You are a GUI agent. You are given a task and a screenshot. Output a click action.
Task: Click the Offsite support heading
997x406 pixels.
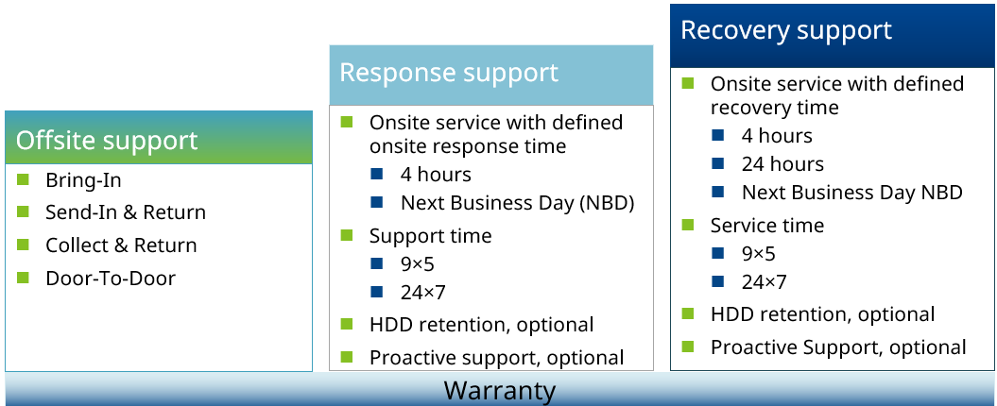tap(107, 141)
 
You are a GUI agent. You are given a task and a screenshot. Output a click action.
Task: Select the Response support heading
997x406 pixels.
tap(448, 73)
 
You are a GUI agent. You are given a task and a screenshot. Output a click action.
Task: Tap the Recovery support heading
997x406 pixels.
tap(785, 30)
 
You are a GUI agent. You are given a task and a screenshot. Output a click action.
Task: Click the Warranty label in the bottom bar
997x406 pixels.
tap(499, 390)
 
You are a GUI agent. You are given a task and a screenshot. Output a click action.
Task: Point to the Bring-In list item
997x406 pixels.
tap(83, 179)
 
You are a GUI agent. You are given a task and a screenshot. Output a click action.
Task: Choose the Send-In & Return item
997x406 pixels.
tap(125, 212)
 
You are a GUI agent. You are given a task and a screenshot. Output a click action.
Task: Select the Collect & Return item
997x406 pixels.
tap(121, 245)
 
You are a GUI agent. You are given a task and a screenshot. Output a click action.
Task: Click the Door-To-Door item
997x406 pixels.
tap(110, 279)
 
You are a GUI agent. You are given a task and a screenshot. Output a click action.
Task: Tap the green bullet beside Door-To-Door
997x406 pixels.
tap(24, 278)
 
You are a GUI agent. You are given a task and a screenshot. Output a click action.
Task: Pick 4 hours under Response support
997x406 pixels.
tap(435, 175)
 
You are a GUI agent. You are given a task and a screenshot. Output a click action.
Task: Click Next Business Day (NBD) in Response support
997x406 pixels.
tap(517, 203)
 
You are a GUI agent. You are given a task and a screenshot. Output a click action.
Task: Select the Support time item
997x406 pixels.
tap(430, 236)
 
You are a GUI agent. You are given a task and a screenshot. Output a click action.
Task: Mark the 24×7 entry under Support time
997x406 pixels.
tap(423, 292)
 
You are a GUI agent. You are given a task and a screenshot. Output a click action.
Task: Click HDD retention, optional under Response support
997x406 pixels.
tap(481, 325)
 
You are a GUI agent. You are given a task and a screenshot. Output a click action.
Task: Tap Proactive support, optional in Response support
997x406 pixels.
tap(496, 358)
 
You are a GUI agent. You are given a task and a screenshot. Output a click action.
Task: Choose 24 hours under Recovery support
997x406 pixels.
tap(782, 164)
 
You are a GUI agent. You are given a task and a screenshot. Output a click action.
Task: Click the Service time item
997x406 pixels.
tap(766, 226)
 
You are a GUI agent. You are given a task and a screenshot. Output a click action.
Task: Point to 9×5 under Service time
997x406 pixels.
tap(758, 254)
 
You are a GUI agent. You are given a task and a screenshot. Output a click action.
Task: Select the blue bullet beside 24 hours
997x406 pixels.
tap(718, 163)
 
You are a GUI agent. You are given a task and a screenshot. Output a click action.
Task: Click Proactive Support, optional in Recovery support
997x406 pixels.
tap(838, 347)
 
